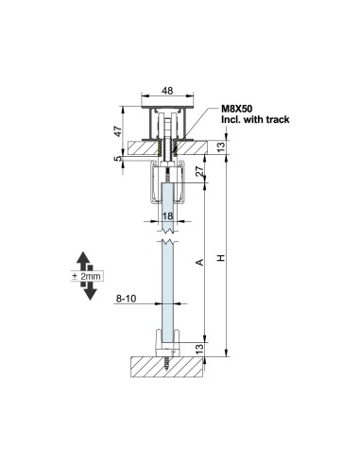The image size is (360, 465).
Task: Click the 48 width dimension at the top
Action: coord(167,91)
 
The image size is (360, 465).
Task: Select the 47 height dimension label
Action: coord(117,131)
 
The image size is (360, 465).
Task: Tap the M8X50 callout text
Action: coord(236,109)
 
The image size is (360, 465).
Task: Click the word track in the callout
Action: coord(277,119)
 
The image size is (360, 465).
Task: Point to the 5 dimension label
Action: coord(117,159)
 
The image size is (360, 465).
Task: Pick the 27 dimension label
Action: coord(199,171)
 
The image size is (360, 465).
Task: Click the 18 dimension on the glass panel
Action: coord(167,215)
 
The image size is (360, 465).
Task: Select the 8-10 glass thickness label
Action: coord(126,298)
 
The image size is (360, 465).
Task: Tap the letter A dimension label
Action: coord(199,262)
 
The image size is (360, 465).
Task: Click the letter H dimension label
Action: coord(221,258)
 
